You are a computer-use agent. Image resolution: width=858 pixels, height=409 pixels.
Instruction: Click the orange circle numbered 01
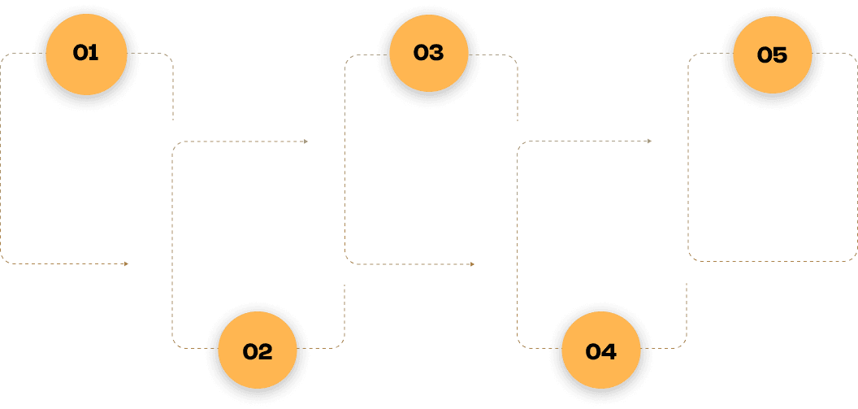pyautogui.click(x=85, y=53)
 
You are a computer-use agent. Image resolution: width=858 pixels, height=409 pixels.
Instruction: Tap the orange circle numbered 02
pyautogui.click(x=258, y=351)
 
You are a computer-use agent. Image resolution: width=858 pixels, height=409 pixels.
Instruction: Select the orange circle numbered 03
pyautogui.click(x=428, y=53)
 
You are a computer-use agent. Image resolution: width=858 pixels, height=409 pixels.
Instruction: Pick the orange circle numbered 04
pyautogui.click(x=600, y=351)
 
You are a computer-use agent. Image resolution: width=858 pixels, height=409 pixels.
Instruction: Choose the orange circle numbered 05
pyautogui.click(x=772, y=54)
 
